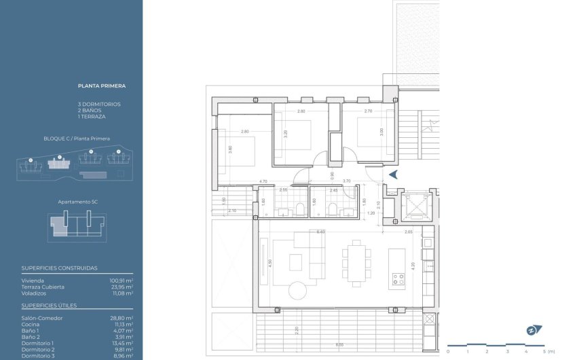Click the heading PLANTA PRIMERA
pyautogui.click(x=102, y=86)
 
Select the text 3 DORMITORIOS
pyautogui.click(x=99, y=104)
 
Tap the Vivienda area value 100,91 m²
pyautogui.click(x=121, y=280)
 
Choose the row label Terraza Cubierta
pyautogui.click(x=43, y=287)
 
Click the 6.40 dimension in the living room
pyautogui.click(x=321, y=232)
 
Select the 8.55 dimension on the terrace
pyautogui.click(x=339, y=345)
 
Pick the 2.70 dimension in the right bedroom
pyautogui.click(x=368, y=111)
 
